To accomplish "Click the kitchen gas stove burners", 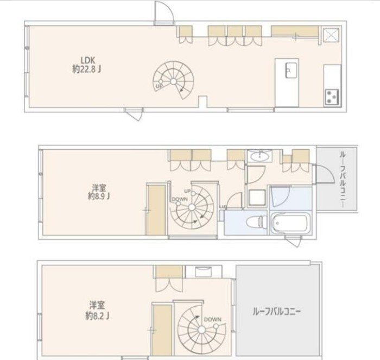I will pyautogui.click(x=332, y=97).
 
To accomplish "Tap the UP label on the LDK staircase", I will pyautogui.click(x=159, y=86).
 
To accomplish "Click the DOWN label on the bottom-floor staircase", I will pyautogui.click(x=213, y=320).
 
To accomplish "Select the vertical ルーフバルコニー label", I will pyautogui.click(x=343, y=179).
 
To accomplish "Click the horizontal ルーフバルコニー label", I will pyautogui.click(x=277, y=312).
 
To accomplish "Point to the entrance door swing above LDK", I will pyautogui.click(x=162, y=12).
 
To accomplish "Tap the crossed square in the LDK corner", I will pyautogui.click(x=331, y=35).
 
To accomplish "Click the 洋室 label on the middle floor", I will pyautogui.click(x=98, y=188).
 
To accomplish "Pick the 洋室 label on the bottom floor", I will pyautogui.click(x=97, y=305).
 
